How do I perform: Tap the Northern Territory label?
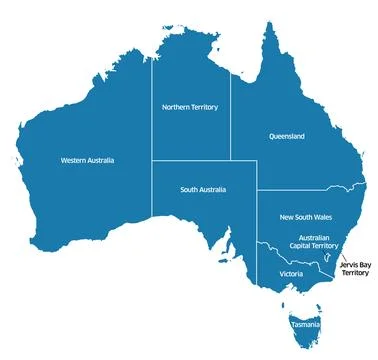click(x=190, y=106)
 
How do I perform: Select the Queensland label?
click(x=286, y=136)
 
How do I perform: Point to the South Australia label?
click(x=203, y=189)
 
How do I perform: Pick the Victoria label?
click(x=291, y=273)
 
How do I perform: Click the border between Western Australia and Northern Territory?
click(x=153, y=110)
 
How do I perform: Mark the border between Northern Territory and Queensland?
click(x=231, y=110)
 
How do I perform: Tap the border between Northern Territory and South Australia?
click(x=192, y=160)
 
